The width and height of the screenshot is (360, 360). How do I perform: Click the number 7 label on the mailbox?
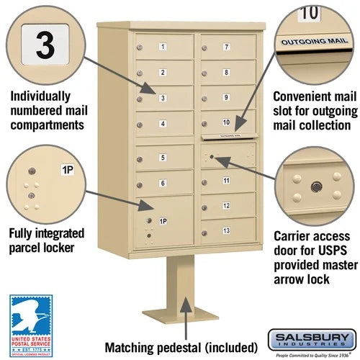point(227,47)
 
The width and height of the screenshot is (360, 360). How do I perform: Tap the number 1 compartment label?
point(163,48)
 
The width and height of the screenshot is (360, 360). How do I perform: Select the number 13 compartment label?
point(226,230)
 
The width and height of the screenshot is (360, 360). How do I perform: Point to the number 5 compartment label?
point(163,158)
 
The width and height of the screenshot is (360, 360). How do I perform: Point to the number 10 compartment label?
point(226,122)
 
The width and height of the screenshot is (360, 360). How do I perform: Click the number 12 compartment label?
point(226,206)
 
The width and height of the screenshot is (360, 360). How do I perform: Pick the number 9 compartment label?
point(226,97)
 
